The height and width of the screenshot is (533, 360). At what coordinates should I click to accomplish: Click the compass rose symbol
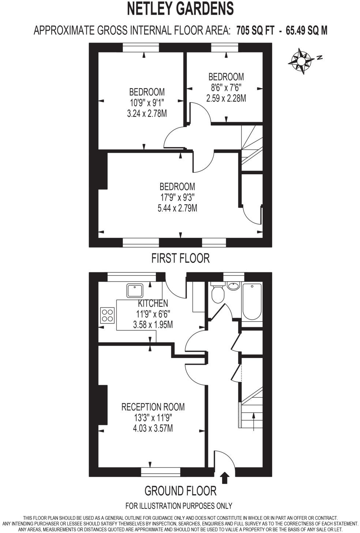coord(301,60)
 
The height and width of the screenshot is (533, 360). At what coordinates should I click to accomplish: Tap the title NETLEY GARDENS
coord(180,9)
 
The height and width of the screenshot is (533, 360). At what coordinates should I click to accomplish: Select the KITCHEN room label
coord(153,303)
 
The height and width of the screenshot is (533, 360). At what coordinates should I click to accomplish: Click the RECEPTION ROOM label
coord(153,407)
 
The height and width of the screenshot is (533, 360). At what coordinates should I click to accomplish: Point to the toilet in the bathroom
coord(218,293)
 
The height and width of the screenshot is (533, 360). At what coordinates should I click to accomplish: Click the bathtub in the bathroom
coord(252,301)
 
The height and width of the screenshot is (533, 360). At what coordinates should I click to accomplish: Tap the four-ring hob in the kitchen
coord(107,315)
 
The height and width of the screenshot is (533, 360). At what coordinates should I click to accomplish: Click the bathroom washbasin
coord(233,286)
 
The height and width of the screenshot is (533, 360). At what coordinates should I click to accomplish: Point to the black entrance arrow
coord(225,478)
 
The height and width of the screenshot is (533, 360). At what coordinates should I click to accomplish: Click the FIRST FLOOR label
coord(180,258)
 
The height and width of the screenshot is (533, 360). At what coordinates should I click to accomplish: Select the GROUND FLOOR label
coord(180,491)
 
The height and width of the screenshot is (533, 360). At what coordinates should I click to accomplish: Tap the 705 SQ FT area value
coord(255,30)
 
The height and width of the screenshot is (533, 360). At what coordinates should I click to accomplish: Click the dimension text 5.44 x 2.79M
coord(177,208)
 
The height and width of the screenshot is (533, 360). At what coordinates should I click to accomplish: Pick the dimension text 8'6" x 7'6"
coord(226,87)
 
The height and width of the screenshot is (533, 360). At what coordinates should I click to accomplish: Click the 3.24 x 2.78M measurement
coord(147,113)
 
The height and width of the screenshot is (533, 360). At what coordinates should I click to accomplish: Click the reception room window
coord(161,472)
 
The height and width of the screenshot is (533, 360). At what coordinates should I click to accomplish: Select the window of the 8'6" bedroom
coord(225,48)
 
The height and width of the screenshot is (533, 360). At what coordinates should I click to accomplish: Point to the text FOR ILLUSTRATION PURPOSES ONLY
coord(179,506)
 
